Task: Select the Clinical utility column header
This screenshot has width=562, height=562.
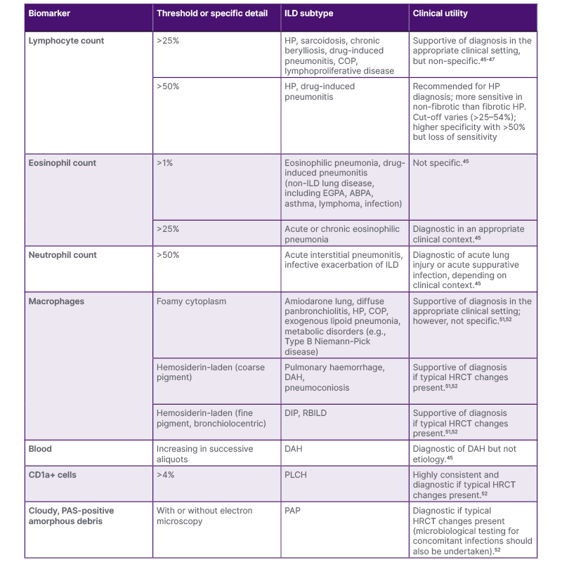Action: coord(440,13)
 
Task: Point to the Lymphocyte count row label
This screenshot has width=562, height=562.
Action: coord(66,41)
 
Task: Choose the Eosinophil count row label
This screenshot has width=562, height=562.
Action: coord(63,163)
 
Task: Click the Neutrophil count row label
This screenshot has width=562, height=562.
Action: coord(63,255)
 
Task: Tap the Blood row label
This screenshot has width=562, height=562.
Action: coord(40,448)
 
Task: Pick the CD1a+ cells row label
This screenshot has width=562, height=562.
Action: coord(53,475)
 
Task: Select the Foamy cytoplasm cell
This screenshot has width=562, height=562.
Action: coord(191,301)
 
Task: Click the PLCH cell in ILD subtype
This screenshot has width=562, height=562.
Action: coord(296,475)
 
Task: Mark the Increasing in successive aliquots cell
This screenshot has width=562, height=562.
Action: coord(204,453)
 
